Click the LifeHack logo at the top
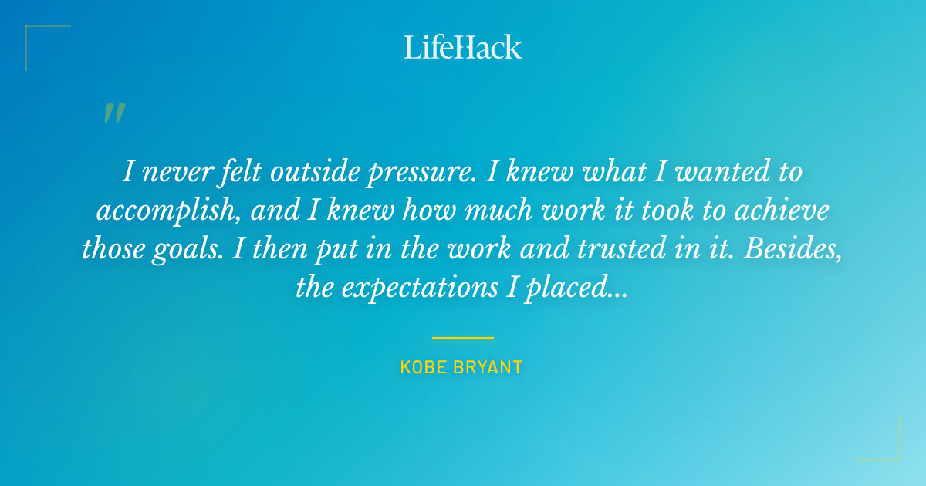coord(462,47)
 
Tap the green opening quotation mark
coord(113,113)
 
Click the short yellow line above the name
coord(462,338)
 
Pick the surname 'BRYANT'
coord(489,367)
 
